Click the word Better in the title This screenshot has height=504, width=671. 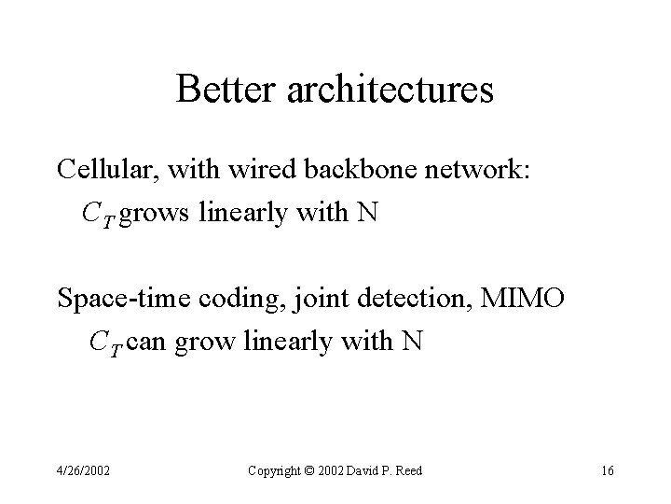click(x=220, y=90)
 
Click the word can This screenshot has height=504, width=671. click(x=147, y=343)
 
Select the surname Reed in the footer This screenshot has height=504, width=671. click(x=406, y=470)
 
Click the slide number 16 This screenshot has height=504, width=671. click(x=607, y=470)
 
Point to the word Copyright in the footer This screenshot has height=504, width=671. click(x=275, y=470)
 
